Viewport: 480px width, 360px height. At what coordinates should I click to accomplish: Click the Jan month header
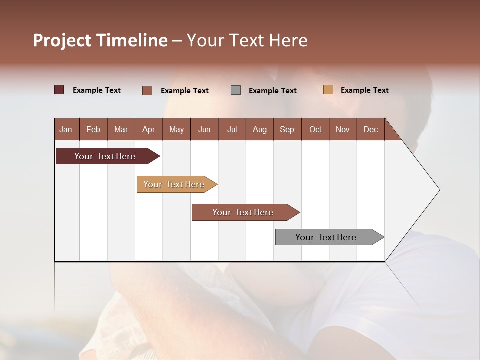point(66,129)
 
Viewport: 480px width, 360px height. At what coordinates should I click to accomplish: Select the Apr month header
point(149,129)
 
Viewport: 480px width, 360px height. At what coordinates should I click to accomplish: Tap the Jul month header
point(232,129)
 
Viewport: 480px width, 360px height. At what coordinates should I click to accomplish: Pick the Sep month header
point(287,129)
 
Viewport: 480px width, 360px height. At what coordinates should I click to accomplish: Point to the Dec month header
point(370,129)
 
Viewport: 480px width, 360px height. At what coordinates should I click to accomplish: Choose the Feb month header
point(93,129)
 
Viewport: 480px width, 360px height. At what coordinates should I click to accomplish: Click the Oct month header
point(315,129)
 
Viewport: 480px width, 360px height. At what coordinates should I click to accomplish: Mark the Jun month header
point(204,129)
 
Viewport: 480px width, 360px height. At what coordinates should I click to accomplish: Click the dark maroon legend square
point(59,90)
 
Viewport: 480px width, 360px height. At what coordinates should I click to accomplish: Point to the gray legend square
point(236,90)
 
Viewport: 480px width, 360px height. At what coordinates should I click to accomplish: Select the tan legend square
point(328,90)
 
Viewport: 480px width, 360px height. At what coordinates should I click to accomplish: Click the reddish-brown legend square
point(147,90)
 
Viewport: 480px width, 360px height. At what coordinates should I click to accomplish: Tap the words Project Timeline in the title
point(100,40)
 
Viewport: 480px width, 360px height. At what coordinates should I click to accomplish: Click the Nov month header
point(343,129)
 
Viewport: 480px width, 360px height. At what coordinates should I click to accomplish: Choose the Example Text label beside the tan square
point(364,90)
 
